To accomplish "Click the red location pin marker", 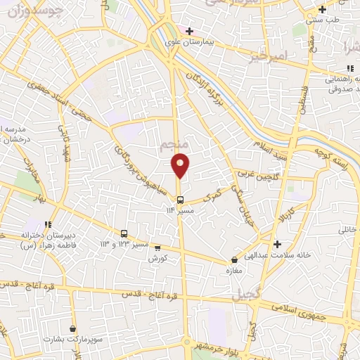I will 181,165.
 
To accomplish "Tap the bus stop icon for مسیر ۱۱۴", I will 181,199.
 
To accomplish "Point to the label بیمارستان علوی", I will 210,42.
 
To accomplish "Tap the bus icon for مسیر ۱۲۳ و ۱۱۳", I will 124,233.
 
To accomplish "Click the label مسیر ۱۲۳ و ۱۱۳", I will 124,244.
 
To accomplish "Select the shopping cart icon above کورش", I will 157,247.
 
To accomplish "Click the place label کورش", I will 157,257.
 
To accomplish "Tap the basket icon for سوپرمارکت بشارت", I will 73,328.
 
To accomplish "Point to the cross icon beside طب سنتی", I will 322,10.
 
